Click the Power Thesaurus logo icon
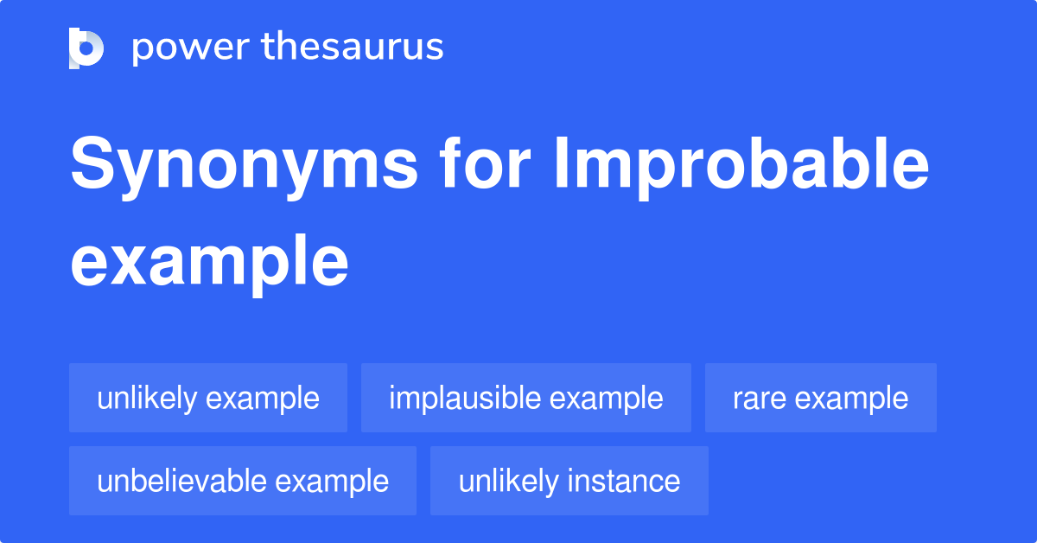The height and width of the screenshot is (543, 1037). [x=86, y=48]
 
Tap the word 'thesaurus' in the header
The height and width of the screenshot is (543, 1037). [x=353, y=46]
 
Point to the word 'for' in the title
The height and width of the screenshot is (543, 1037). [x=485, y=163]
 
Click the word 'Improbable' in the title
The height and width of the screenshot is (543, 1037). [x=741, y=168]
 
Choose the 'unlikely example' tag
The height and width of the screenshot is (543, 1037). [x=208, y=398]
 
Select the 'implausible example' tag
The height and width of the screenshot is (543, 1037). [x=526, y=398]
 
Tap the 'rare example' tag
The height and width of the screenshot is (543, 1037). [x=821, y=398]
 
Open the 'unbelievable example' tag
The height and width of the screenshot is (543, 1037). [x=243, y=481]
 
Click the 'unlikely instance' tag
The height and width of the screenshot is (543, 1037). [x=569, y=481]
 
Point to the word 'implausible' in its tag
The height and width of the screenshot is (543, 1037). [x=465, y=399]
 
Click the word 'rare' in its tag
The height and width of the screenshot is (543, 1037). [x=760, y=399]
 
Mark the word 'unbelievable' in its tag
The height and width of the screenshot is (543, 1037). [x=181, y=481]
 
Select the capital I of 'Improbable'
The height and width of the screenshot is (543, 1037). [x=562, y=163]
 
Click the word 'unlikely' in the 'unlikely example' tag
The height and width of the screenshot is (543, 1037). [x=147, y=399]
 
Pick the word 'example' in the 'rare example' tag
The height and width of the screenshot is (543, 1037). [x=851, y=399]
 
